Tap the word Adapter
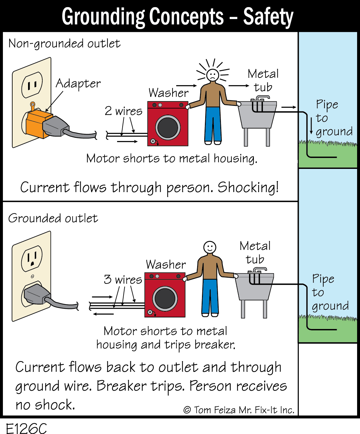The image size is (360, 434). [x=78, y=83]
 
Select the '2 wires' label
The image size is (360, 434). [x=124, y=111]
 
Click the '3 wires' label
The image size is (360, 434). [x=123, y=279]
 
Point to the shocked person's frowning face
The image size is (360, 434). [x=213, y=75]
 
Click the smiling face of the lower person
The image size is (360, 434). [x=210, y=248]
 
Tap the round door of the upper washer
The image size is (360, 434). [x=168, y=127]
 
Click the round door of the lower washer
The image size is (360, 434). [x=165, y=298]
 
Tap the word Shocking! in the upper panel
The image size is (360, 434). [x=248, y=187]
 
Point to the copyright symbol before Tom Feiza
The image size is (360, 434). [x=187, y=410]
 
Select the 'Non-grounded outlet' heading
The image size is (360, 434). [x=64, y=43]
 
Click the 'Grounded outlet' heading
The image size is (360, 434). [x=53, y=218]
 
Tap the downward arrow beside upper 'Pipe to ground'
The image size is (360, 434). [x=311, y=126]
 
